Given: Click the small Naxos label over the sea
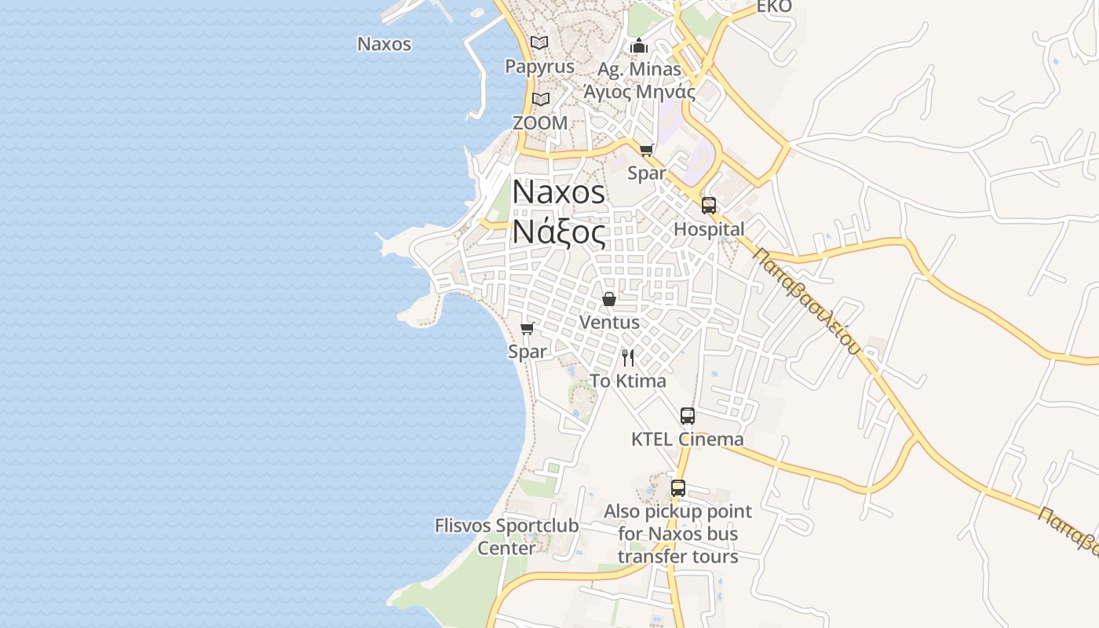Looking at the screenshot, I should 384,44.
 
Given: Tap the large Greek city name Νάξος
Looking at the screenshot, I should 559,232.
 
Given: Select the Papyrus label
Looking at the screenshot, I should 539,67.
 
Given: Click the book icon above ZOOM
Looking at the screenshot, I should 540,99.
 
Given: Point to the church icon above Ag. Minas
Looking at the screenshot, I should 638,46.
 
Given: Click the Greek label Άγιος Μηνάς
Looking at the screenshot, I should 638,92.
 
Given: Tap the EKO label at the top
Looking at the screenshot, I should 773,7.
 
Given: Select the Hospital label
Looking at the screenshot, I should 709,229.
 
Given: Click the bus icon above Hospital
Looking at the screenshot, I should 709,206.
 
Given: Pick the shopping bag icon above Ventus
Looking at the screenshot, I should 608,299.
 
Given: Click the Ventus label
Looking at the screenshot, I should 609,322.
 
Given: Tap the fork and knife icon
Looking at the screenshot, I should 628,358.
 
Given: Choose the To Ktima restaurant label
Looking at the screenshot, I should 627,381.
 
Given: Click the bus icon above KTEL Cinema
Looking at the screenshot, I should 688,416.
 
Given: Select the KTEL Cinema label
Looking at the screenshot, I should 687,439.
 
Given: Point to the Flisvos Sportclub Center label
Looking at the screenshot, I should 506,536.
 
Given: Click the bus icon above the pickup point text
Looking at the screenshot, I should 678,488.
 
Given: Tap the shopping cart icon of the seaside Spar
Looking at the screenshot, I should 528,328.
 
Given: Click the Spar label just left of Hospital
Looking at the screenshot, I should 646,173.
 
